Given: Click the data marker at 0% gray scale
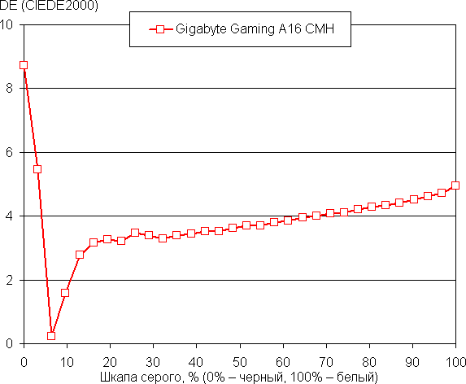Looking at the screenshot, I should tap(24, 65).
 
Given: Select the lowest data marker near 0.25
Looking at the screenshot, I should tap(51, 335).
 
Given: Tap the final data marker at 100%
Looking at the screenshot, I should tap(455, 185).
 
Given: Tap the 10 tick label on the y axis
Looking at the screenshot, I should tap(7, 24).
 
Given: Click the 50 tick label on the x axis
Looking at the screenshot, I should tap(239, 360).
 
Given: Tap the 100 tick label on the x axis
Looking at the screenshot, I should tap(455, 360).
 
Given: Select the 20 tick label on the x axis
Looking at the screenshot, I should tap(110, 360).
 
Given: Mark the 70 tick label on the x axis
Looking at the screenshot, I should tap(326, 360).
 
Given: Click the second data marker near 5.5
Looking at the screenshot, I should tap(37, 169).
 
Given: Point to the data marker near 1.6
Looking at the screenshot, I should tap(65, 293).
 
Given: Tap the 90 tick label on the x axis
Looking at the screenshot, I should tap(412, 360).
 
